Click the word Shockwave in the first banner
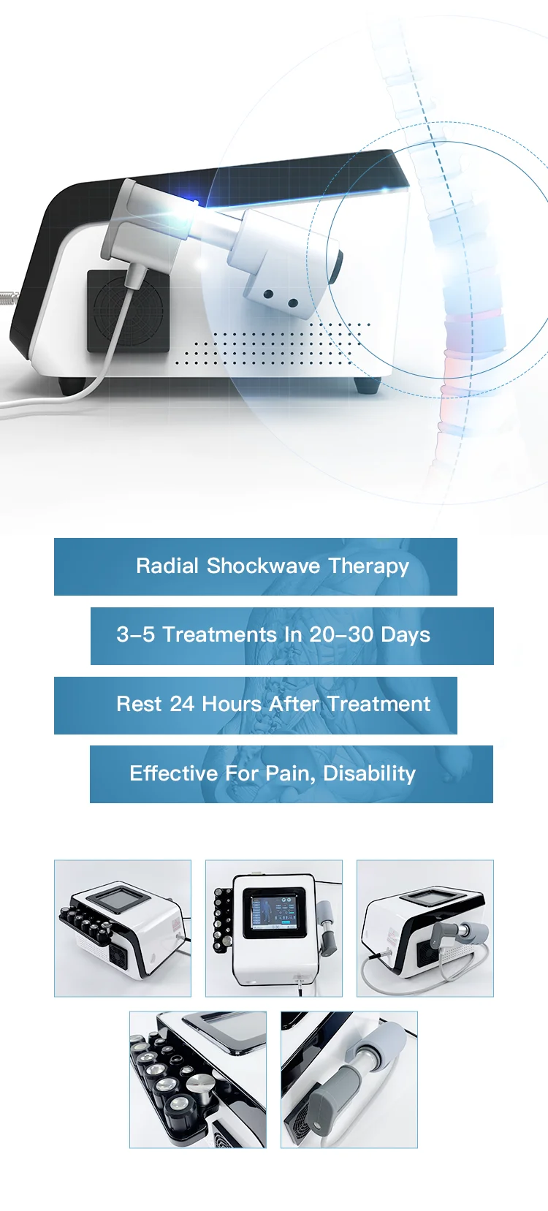263,566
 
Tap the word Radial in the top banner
167,566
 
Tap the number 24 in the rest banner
182,705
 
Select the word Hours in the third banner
232,705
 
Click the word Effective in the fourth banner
173,774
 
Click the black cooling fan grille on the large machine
128,311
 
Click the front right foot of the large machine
368,385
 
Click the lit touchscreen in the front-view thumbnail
273,913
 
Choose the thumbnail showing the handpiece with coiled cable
425,927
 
